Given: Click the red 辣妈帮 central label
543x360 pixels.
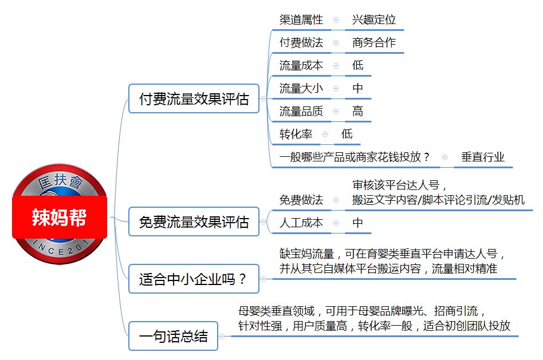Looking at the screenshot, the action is (x=60, y=217).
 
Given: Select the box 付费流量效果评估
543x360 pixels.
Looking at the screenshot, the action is (x=194, y=98).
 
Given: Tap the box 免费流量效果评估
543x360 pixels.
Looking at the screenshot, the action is (x=194, y=222).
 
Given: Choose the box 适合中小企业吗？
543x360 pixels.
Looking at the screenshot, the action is (x=194, y=279).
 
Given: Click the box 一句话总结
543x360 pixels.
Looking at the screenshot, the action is (x=173, y=336).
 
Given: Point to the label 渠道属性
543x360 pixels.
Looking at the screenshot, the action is (x=301, y=19).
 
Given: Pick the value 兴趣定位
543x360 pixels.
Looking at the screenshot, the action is (x=374, y=19).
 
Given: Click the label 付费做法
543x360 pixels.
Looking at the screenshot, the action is (x=301, y=42).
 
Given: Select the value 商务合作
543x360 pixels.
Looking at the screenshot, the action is (x=374, y=42).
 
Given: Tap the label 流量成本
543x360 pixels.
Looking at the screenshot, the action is (x=301, y=65).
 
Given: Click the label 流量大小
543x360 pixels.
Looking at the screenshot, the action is (x=301, y=88).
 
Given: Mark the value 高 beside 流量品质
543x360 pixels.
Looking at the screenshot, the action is (x=358, y=111).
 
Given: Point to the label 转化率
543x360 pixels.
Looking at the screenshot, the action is (x=296, y=134).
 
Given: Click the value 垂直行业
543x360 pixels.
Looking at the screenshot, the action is (x=483, y=157).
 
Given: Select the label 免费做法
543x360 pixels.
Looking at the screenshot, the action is (x=301, y=200).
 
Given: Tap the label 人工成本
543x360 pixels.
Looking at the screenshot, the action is (x=301, y=223).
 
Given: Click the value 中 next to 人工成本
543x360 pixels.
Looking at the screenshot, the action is (x=358, y=223).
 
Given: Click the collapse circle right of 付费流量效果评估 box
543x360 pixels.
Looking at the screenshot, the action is (x=263, y=98).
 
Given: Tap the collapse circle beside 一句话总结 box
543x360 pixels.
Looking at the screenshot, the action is (x=222, y=336).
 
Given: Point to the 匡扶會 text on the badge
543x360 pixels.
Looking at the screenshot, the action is (x=60, y=181).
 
